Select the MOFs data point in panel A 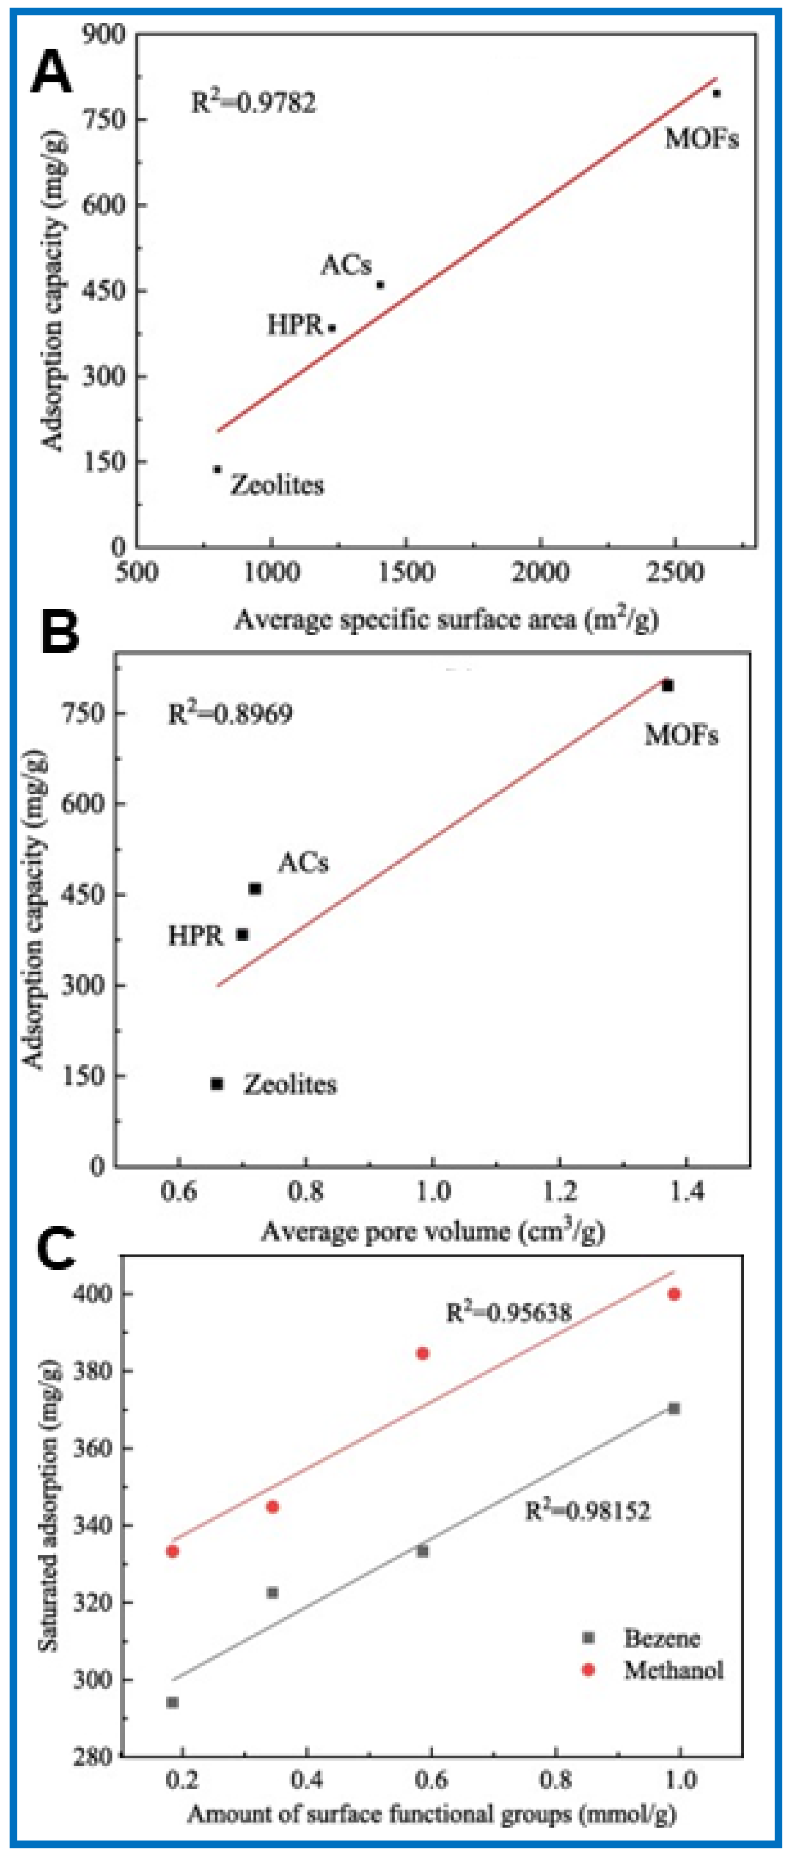[715, 93]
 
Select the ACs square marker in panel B [255, 889]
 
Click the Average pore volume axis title [432, 1231]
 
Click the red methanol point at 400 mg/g [674, 1294]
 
